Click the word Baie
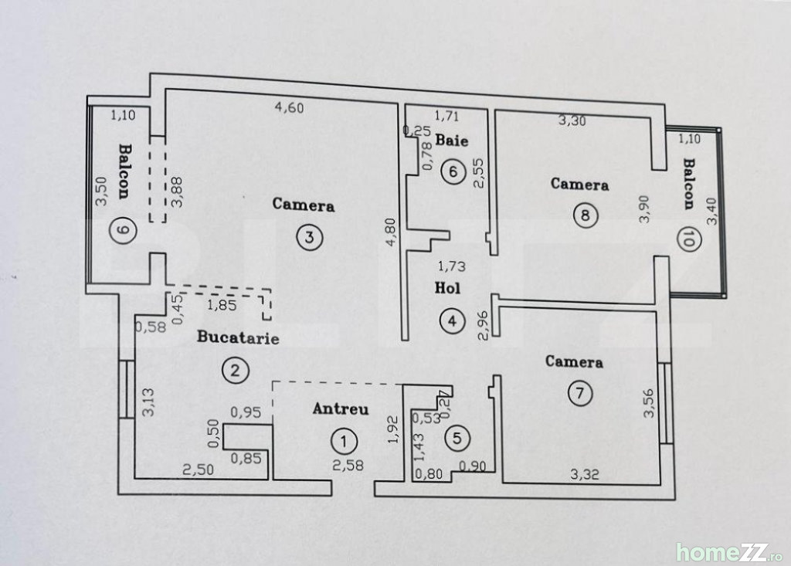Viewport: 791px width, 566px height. (x=451, y=140)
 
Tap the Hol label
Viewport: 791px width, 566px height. (x=447, y=287)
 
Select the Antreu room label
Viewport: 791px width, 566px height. (x=341, y=408)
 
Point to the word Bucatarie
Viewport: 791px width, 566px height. (x=238, y=337)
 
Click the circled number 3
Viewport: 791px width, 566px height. (x=309, y=236)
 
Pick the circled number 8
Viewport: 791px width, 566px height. (x=586, y=215)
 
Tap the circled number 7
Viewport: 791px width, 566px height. (x=579, y=392)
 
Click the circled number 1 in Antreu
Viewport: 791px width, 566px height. (x=344, y=442)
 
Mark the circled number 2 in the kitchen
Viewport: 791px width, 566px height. (x=235, y=371)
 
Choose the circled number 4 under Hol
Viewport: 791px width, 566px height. (x=451, y=320)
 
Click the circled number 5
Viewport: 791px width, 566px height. (x=457, y=437)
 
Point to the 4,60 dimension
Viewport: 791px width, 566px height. (x=289, y=107)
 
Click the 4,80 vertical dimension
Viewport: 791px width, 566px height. (x=391, y=232)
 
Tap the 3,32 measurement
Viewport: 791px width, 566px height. (x=585, y=473)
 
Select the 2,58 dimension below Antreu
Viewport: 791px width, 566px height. (x=348, y=465)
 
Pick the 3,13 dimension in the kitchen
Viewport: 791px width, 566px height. (x=148, y=402)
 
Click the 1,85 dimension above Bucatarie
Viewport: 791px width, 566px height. (x=222, y=305)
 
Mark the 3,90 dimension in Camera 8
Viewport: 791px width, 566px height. (x=643, y=208)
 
